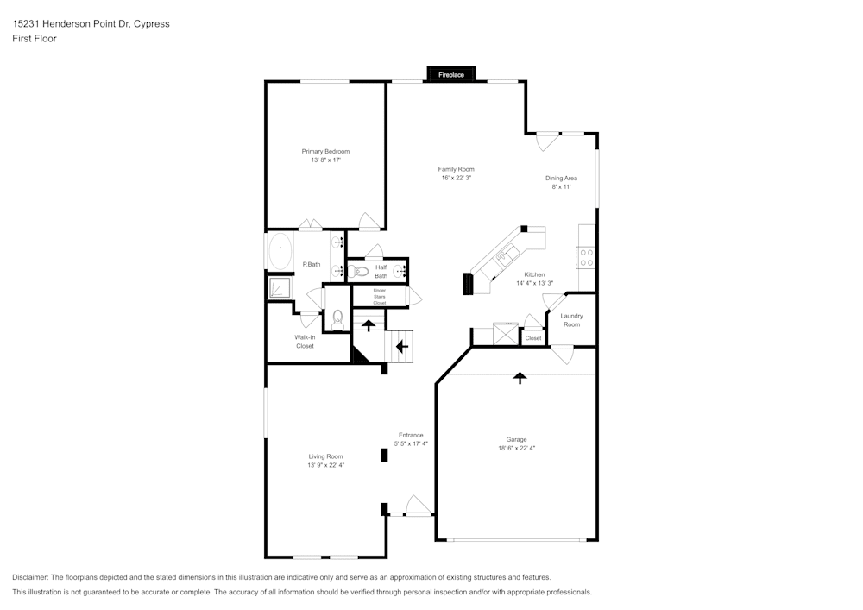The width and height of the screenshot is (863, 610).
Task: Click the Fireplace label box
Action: pyautogui.click(x=450, y=75)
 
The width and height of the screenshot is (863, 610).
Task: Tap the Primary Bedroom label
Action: pyautogui.click(x=325, y=152)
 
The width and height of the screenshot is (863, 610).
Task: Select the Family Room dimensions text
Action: pyautogui.click(x=456, y=178)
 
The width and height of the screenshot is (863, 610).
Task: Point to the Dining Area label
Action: pyautogui.click(x=561, y=179)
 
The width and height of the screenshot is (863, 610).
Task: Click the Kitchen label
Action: pyautogui.click(x=534, y=274)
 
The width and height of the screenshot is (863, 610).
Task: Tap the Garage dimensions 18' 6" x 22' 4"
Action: pyautogui.click(x=517, y=448)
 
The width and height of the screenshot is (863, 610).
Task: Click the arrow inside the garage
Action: pyautogui.click(x=520, y=377)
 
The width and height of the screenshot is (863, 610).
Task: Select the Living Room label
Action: pyautogui.click(x=325, y=456)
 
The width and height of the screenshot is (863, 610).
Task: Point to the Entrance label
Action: pyautogui.click(x=411, y=435)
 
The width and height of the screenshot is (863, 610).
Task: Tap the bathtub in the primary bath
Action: pyautogui.click(x=281, y=253)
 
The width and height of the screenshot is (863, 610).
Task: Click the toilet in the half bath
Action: pyautogui.click(x=360, y=271)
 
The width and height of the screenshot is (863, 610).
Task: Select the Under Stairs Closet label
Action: pyautogui.click(x=380, y=297)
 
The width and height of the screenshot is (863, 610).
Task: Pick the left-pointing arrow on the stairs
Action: pyautogui.click(x=401, y=346)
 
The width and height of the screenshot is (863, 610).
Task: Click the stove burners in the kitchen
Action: pyautogui.click(x=586, y=257)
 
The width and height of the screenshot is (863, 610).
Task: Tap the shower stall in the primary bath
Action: pyautogui.click(x=279, y=287)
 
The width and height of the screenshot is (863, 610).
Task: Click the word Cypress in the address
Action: pyautogui.click(x=153, y=24)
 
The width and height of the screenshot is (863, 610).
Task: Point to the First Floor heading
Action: pyautogui.click(x=35, y=39)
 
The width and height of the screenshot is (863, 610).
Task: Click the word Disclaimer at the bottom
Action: pyautogui.click(x=30, y=577)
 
